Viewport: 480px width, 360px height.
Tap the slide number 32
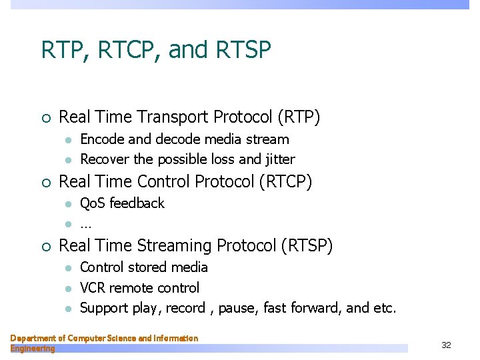coord(446,345)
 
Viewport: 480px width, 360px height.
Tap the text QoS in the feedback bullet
coord(93,203)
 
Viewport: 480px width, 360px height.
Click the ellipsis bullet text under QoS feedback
coord(86,225)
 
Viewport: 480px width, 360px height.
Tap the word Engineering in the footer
coord(33,349)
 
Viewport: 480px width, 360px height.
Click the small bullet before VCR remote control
coord(67,289)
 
